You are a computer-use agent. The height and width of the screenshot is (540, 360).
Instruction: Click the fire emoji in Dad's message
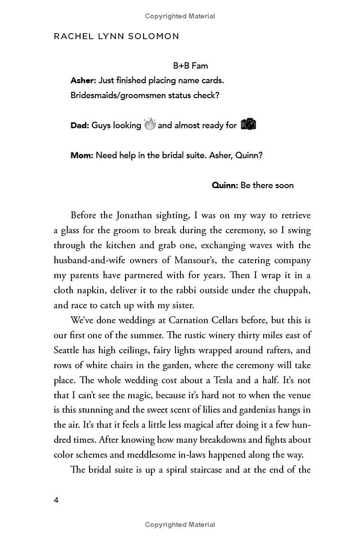(149, 124)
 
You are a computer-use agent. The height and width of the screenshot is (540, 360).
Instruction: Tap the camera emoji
(248, 124)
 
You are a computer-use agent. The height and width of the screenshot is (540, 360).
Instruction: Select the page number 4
(56, 500)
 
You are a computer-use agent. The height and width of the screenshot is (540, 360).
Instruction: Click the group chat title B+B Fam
(190, 66)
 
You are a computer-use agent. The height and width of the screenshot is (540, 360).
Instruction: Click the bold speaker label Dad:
(80, 126)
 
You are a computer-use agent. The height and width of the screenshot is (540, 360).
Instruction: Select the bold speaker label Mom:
(82, 155)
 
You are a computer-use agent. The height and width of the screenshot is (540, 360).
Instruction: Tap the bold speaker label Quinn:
(225, 185)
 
